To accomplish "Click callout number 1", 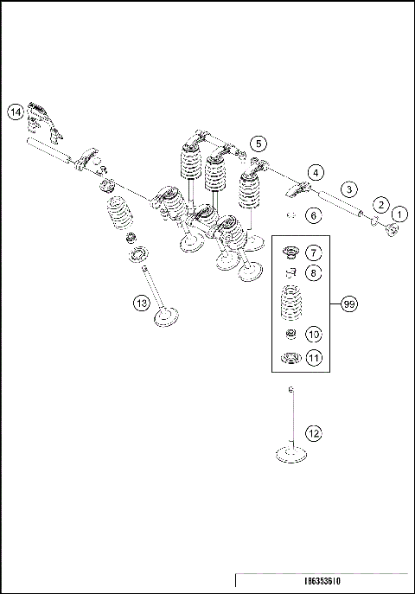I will (x=399, y=213).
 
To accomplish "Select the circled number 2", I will (x=379, y=203).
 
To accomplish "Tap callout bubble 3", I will (x=348, y=188).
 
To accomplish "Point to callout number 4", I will (x=316, y=172).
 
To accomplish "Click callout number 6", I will (x=314, y=214).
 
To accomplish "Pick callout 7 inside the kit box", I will (x=313, y=253).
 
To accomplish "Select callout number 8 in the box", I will (x=313, y=272).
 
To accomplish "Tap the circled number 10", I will (x=313, y=333).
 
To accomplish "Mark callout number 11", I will (x=313, y=357).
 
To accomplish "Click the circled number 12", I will (x=313, y=432).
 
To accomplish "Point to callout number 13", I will (x=141, y=302).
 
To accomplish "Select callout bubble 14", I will (x=16, y=112).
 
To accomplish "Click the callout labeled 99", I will (x=349, y=304).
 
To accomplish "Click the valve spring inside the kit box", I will (x=291, y=305).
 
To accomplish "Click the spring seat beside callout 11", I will (x=291, y=358).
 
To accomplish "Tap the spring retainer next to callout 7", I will (x=291, y=253).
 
